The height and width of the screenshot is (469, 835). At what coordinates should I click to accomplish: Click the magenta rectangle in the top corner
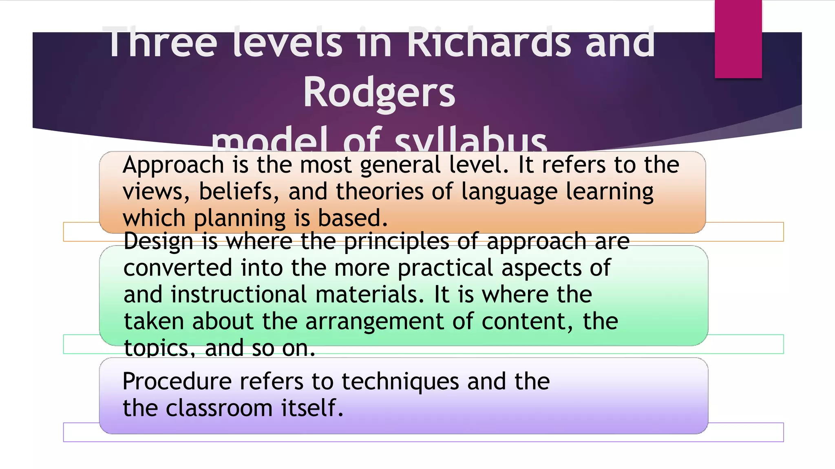click(738, 39)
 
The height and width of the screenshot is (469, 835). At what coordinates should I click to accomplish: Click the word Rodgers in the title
click(379, 93)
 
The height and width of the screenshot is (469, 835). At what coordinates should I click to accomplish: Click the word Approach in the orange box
click(173, 165)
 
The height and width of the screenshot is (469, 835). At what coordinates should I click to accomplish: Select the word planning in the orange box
click(240, 219)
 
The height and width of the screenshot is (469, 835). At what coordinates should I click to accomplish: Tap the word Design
click(158, 241)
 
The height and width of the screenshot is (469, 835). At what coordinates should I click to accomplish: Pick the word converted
click(178, 268)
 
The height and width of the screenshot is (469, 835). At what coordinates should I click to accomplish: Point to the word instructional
click(239, 294)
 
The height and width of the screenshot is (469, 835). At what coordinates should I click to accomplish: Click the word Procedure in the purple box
click(177, 382)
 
